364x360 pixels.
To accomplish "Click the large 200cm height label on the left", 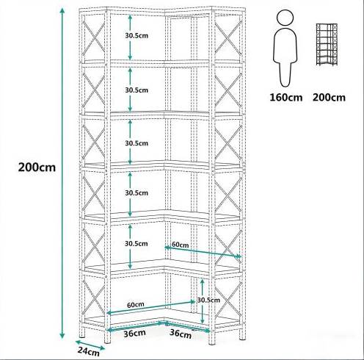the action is click(37, 168).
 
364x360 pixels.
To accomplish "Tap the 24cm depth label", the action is click(89, 351).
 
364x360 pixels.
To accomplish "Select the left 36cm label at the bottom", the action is click(134, 333).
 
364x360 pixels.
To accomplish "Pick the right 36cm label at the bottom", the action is click(181, 334).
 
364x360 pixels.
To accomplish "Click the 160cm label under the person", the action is click(286, 98).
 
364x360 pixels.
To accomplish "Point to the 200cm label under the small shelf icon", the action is click(329, 98).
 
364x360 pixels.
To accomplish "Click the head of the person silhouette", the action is click(285, 17).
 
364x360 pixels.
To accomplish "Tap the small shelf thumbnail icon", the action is click(327, 45).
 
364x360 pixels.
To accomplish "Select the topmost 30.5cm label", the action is click(136, 35).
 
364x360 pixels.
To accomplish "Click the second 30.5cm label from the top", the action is click(136, 90).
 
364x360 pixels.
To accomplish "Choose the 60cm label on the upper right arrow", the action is click(181, 245).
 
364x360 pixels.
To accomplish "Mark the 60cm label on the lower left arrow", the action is click(136, 305).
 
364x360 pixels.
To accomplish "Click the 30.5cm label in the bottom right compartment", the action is click(208, 300).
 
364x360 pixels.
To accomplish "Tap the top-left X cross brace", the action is click(93, 38).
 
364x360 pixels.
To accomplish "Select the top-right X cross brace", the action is click(228, 38).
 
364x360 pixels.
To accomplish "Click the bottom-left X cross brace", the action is click(93, 297).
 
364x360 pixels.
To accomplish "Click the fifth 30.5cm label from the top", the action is click(136, 244).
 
